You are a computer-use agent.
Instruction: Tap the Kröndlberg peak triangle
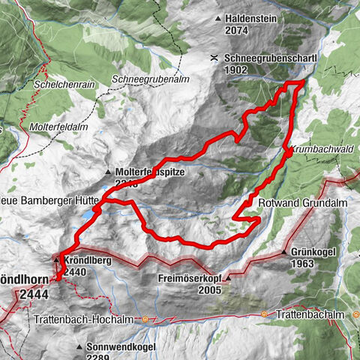point(55,259)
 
